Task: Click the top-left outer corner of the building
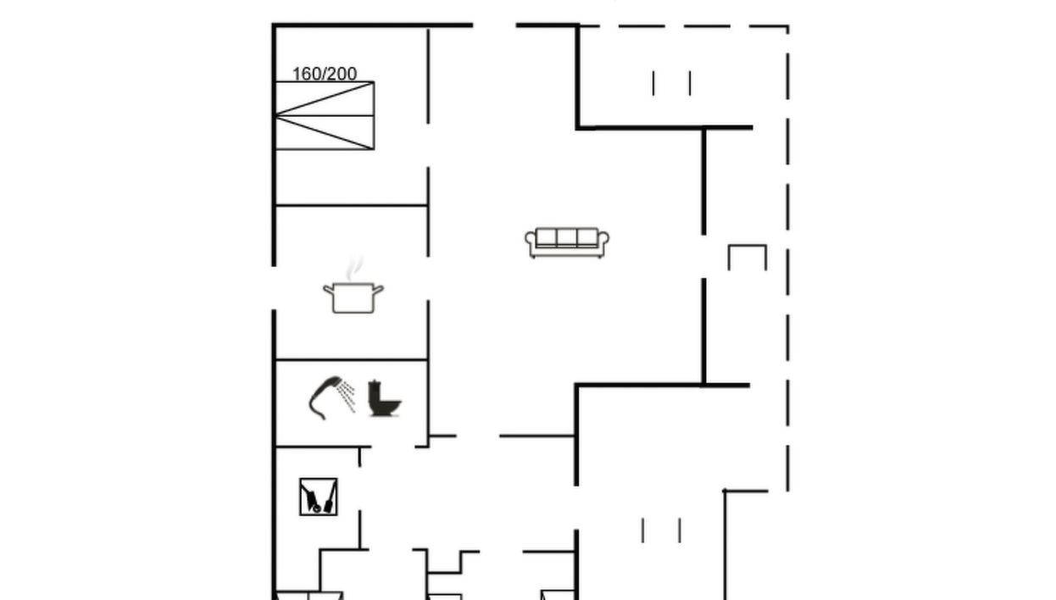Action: (x=273, y=24)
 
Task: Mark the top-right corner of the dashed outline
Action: (x=788, y=26)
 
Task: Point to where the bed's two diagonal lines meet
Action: (x=276, y=115)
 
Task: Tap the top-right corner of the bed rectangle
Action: (x=374, y=82)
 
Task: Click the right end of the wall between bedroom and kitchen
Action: (x=428, y=205)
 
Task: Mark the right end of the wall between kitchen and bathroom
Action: (x=428, y=359)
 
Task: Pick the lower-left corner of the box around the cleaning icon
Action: (x=300, y=514)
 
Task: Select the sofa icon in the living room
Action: (x=567, y=242)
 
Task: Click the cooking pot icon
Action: (x=353, y=297)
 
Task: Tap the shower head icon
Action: (x=332, y=397)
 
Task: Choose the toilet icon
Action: (x=384, y=398)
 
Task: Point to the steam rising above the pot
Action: (x=354, y=269)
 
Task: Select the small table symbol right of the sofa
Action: (x=748, y=258)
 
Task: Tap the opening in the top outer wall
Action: (x=495, y=25)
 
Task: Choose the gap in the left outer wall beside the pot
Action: (x=274, y=288)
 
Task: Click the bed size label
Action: (x=325, y=74)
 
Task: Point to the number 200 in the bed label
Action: (x=342, y=74)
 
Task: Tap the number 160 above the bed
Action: (x=307, y=74)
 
